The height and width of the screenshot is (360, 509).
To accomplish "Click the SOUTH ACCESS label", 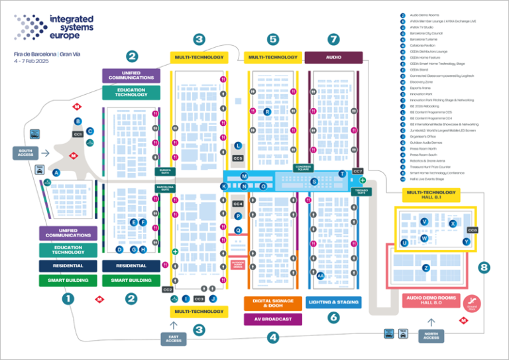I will point(26,152).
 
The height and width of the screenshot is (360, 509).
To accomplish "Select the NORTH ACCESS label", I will point(431,335).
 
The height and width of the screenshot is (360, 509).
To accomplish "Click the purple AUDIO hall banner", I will point(333,58).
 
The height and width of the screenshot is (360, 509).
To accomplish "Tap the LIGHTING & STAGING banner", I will point(333,303).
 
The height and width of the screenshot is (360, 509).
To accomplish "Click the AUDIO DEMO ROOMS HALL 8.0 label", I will point(431,301).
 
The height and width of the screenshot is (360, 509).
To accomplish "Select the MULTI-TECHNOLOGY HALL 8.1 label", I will point(431,195).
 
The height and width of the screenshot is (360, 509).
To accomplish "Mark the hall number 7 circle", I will point(333,38).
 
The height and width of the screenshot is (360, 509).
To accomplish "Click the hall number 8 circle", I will point(484,268).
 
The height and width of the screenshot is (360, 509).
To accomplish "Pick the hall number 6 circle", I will point(333,318).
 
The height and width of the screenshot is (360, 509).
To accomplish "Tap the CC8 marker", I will point(473,230).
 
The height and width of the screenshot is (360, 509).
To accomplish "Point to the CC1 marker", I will point(78,135).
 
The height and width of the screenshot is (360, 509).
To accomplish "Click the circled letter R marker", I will point(267,112).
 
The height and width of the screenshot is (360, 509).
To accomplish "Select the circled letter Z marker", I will point(426,268).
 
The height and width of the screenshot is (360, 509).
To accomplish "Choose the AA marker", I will point(321,276).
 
